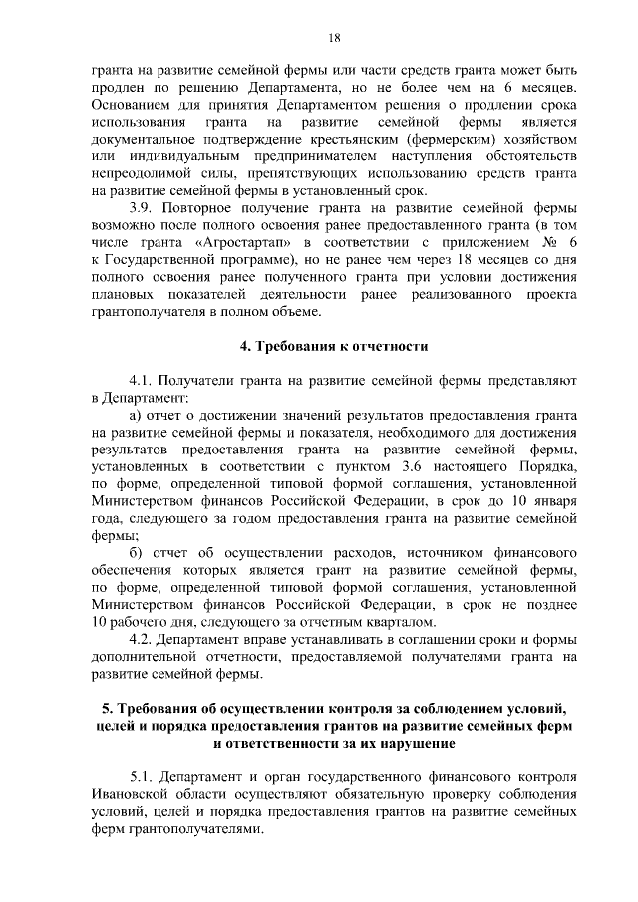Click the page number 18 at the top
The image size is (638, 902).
(x=334, y=38)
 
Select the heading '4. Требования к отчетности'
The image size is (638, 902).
(x=334, y=346)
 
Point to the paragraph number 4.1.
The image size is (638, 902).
(x=143, y=382)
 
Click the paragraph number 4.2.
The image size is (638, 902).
(x=143, y=638)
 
